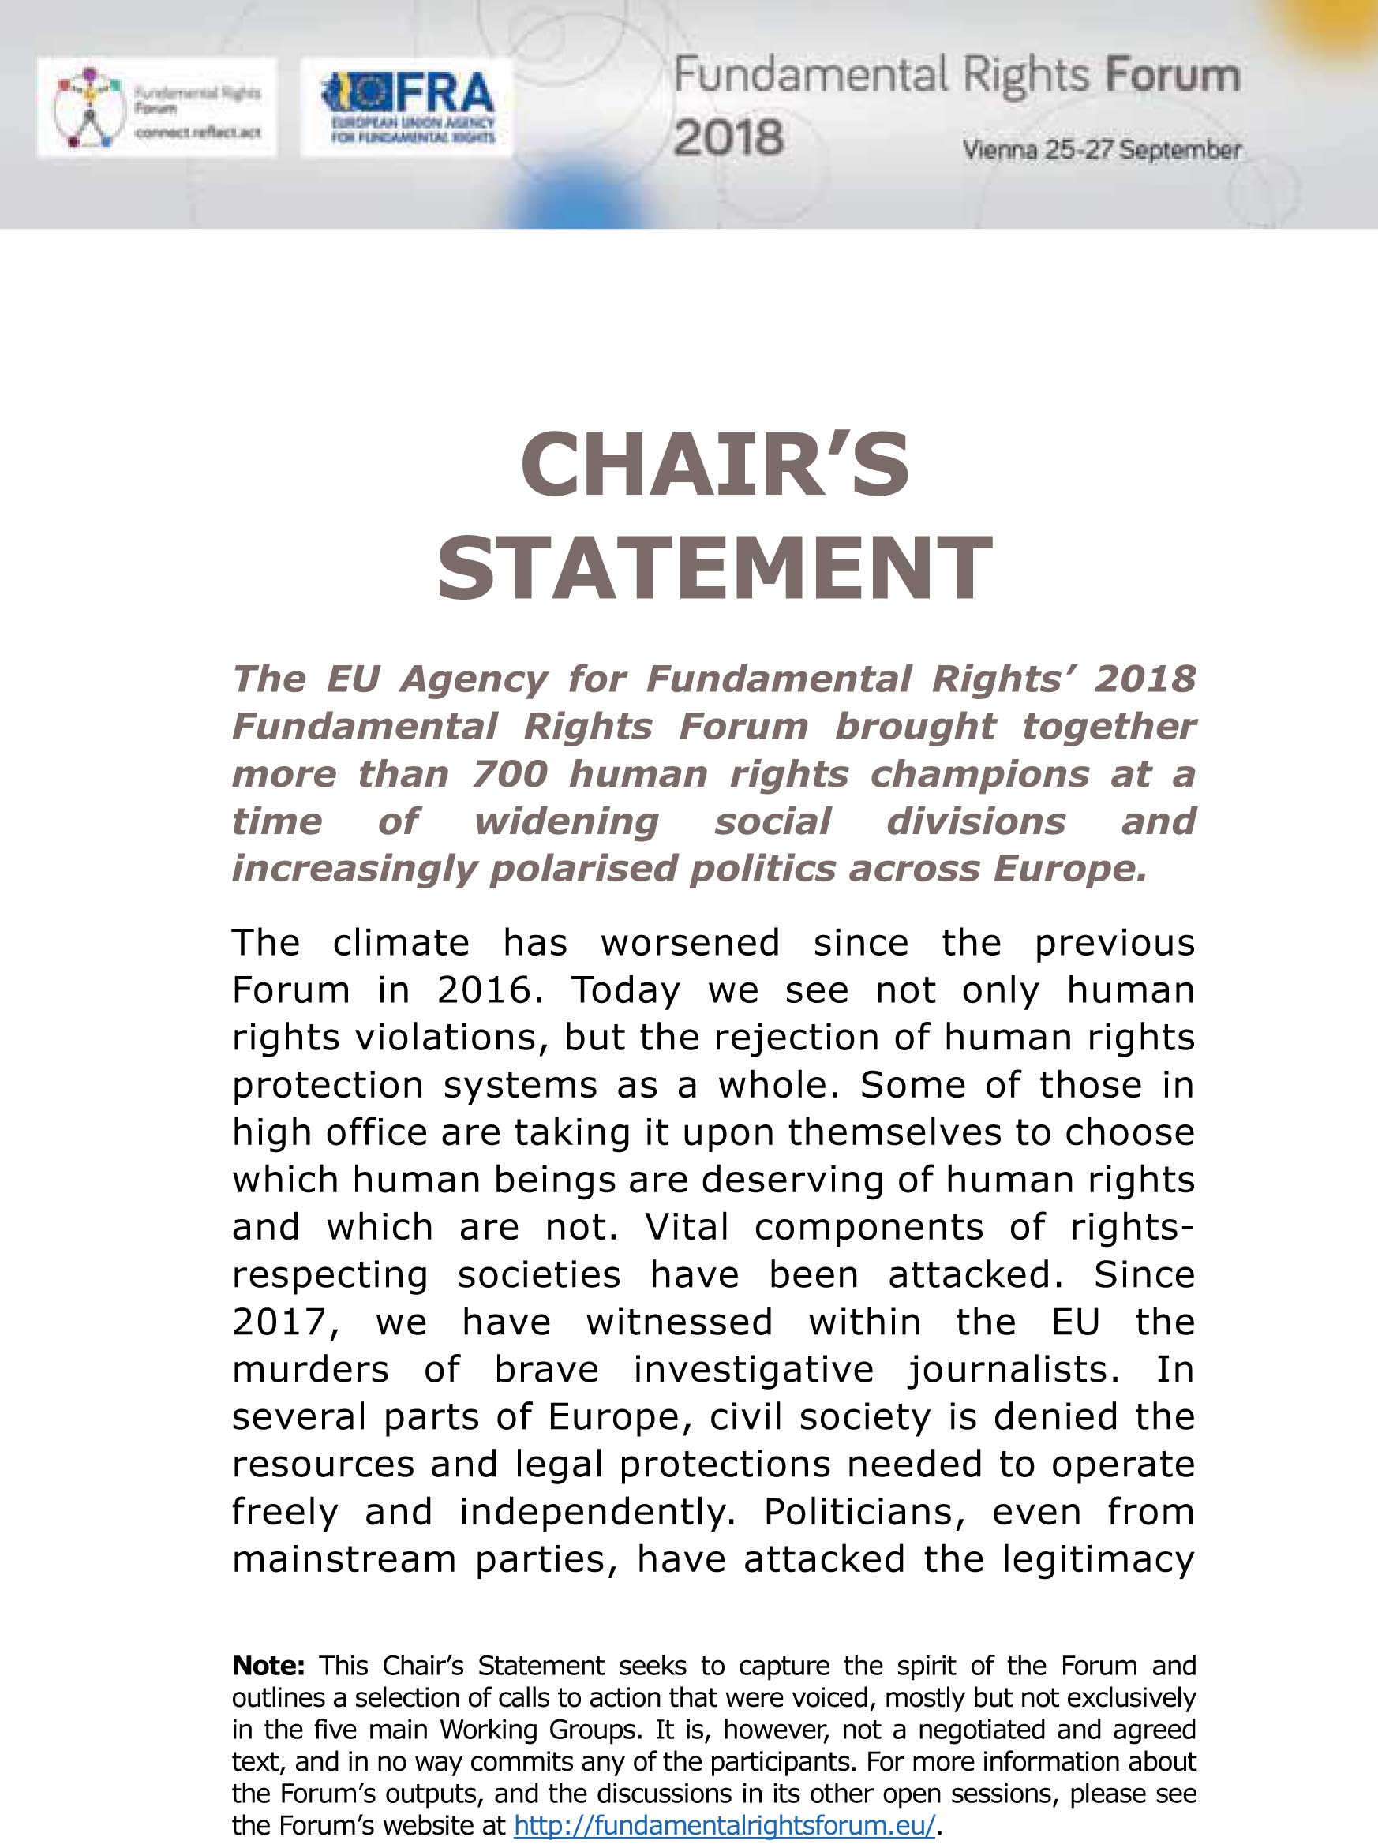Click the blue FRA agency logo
[407, 108]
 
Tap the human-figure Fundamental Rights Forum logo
[157, 108]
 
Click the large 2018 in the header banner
[728, 137]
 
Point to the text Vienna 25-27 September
[1101, 151]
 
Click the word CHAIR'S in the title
[715, 465]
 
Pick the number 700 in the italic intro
[510, 775]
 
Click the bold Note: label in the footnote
[268, 1667]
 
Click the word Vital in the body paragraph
[687, 1229]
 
